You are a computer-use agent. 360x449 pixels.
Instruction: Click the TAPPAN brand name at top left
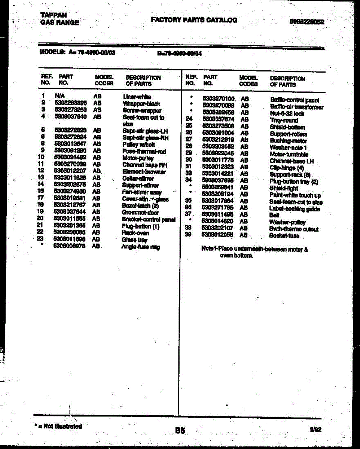[54, 15]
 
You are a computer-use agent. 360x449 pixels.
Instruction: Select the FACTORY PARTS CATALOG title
[194, 20]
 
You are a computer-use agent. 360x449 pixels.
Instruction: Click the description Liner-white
[137, 97]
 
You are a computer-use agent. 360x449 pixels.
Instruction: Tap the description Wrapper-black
[141, 104]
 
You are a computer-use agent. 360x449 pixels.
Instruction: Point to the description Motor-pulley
[138, 158]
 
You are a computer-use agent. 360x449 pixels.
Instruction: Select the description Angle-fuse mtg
[140, 247]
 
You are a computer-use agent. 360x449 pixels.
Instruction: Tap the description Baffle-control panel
[294, 100]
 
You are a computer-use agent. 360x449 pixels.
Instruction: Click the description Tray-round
[284, 120]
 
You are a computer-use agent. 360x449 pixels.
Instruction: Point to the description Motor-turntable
[289, 154]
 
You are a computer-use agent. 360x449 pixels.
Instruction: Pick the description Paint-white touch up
[295, 195]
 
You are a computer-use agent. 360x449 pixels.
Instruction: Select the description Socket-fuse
[284, 236]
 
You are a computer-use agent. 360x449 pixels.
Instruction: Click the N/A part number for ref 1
[60, 96]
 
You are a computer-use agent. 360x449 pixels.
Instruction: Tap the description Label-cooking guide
[295, 209]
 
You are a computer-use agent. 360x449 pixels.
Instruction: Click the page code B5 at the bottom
[180, 431]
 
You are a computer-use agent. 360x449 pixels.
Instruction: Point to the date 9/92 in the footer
[315, 430]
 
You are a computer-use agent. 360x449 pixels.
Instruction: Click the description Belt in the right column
[274, 215]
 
